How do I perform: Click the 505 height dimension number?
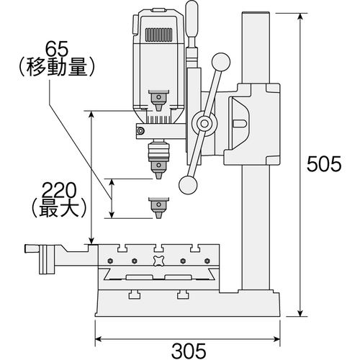[324, 164]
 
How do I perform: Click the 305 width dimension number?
[189, 351]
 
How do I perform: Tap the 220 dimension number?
[58, 191]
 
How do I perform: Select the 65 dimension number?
[58, 49]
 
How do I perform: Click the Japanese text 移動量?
[56, 67]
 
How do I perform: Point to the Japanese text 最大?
[58, 208]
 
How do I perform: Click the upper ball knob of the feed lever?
[221, 62]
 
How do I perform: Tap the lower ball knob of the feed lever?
[188, 185]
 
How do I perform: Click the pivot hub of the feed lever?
[204, 124]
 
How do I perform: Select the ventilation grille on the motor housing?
[159, 35]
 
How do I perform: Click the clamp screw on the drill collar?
[140, 131]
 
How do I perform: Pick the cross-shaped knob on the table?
[158, 261]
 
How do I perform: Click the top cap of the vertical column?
[256, 14]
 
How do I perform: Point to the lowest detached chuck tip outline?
[158, 208]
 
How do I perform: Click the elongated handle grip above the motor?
[192, 19]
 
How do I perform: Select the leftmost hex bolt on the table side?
[111, 261]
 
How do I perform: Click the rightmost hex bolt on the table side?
[207, 261]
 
